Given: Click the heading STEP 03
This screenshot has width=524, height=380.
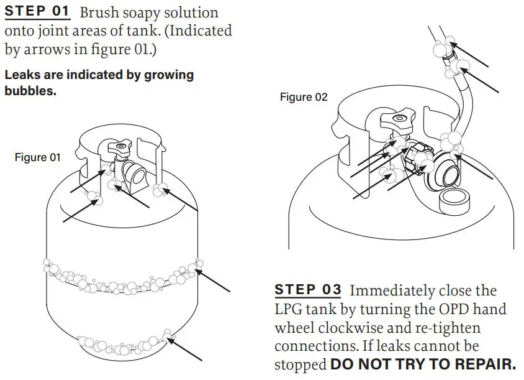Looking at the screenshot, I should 308,290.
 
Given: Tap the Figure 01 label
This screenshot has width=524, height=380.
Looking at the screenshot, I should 38,158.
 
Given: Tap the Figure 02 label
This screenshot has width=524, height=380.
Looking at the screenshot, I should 304,97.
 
